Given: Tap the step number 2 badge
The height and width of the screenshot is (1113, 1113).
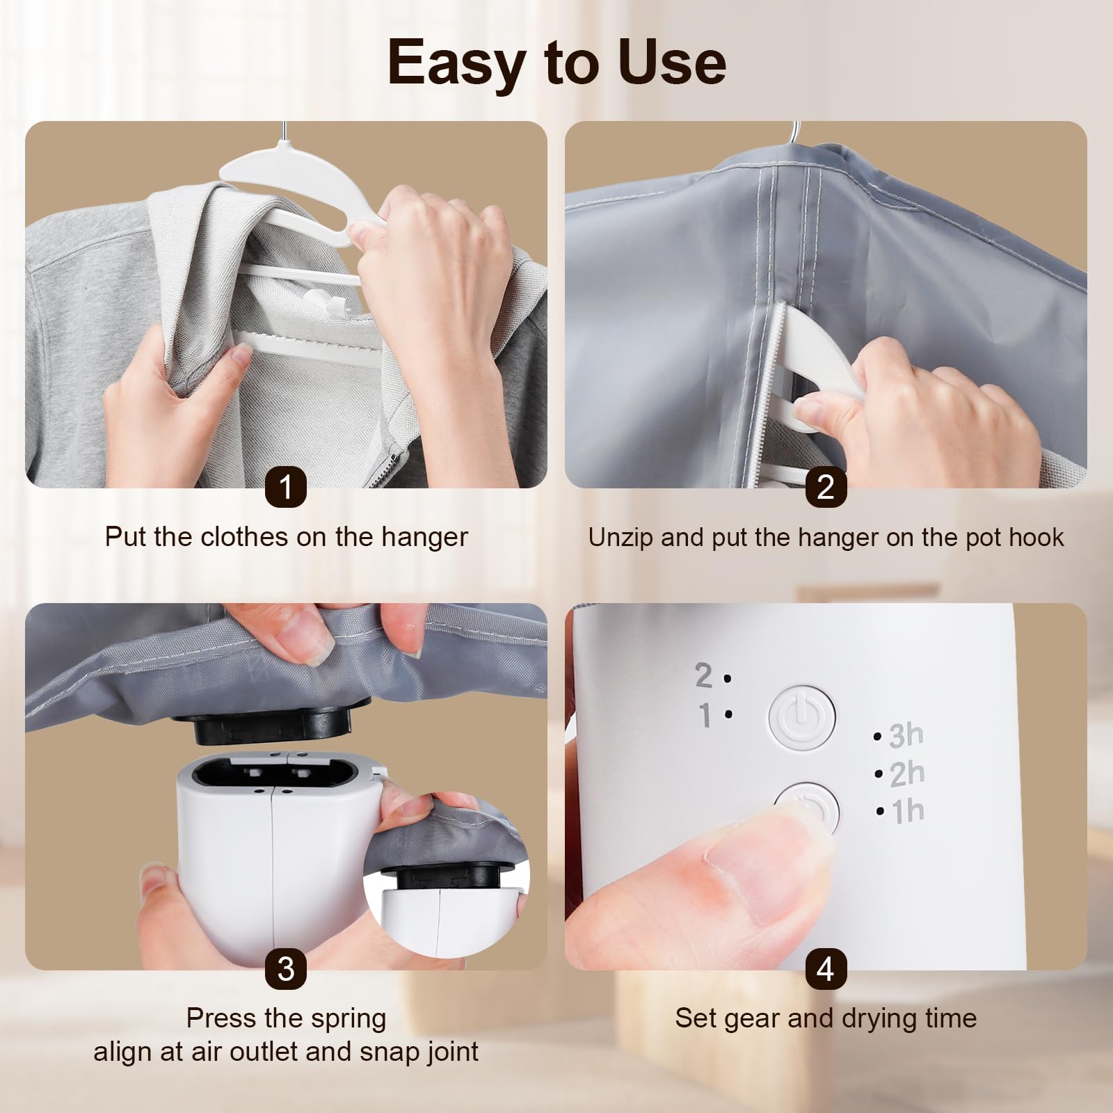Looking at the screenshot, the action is point(826,486).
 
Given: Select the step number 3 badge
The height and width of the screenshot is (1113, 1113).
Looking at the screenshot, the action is point(286,969).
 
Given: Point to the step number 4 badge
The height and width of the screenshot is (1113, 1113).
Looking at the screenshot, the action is point(826,969).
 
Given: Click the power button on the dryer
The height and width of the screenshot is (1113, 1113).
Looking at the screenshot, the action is point(801,717).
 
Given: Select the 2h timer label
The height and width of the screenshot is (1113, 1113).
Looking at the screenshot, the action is point(906,773).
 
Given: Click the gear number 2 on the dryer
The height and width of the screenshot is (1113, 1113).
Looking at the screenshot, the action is point(703,675).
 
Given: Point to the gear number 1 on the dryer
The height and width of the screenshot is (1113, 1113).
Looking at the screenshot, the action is point(705,714).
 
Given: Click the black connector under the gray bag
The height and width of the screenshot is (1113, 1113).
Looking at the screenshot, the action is point(272,726).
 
